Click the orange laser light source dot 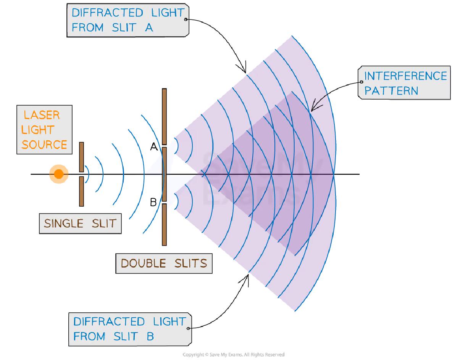click(x=58, y=174)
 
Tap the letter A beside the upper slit click(x=154, y=146)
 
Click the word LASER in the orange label click(x=41, y=115)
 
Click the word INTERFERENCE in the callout click(x=405, y=76)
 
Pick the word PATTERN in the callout click(x=391, y=91)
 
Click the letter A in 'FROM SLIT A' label click(x=148, y=27)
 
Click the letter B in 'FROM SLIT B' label click(x=150, y=336)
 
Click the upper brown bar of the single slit click(x=81, y=157)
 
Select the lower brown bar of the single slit click(x=81, y=191)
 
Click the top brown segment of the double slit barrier click(x=164, y=116)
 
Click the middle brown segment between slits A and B click(x=164, y=174)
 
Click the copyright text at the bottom click(x=233, y=355)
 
